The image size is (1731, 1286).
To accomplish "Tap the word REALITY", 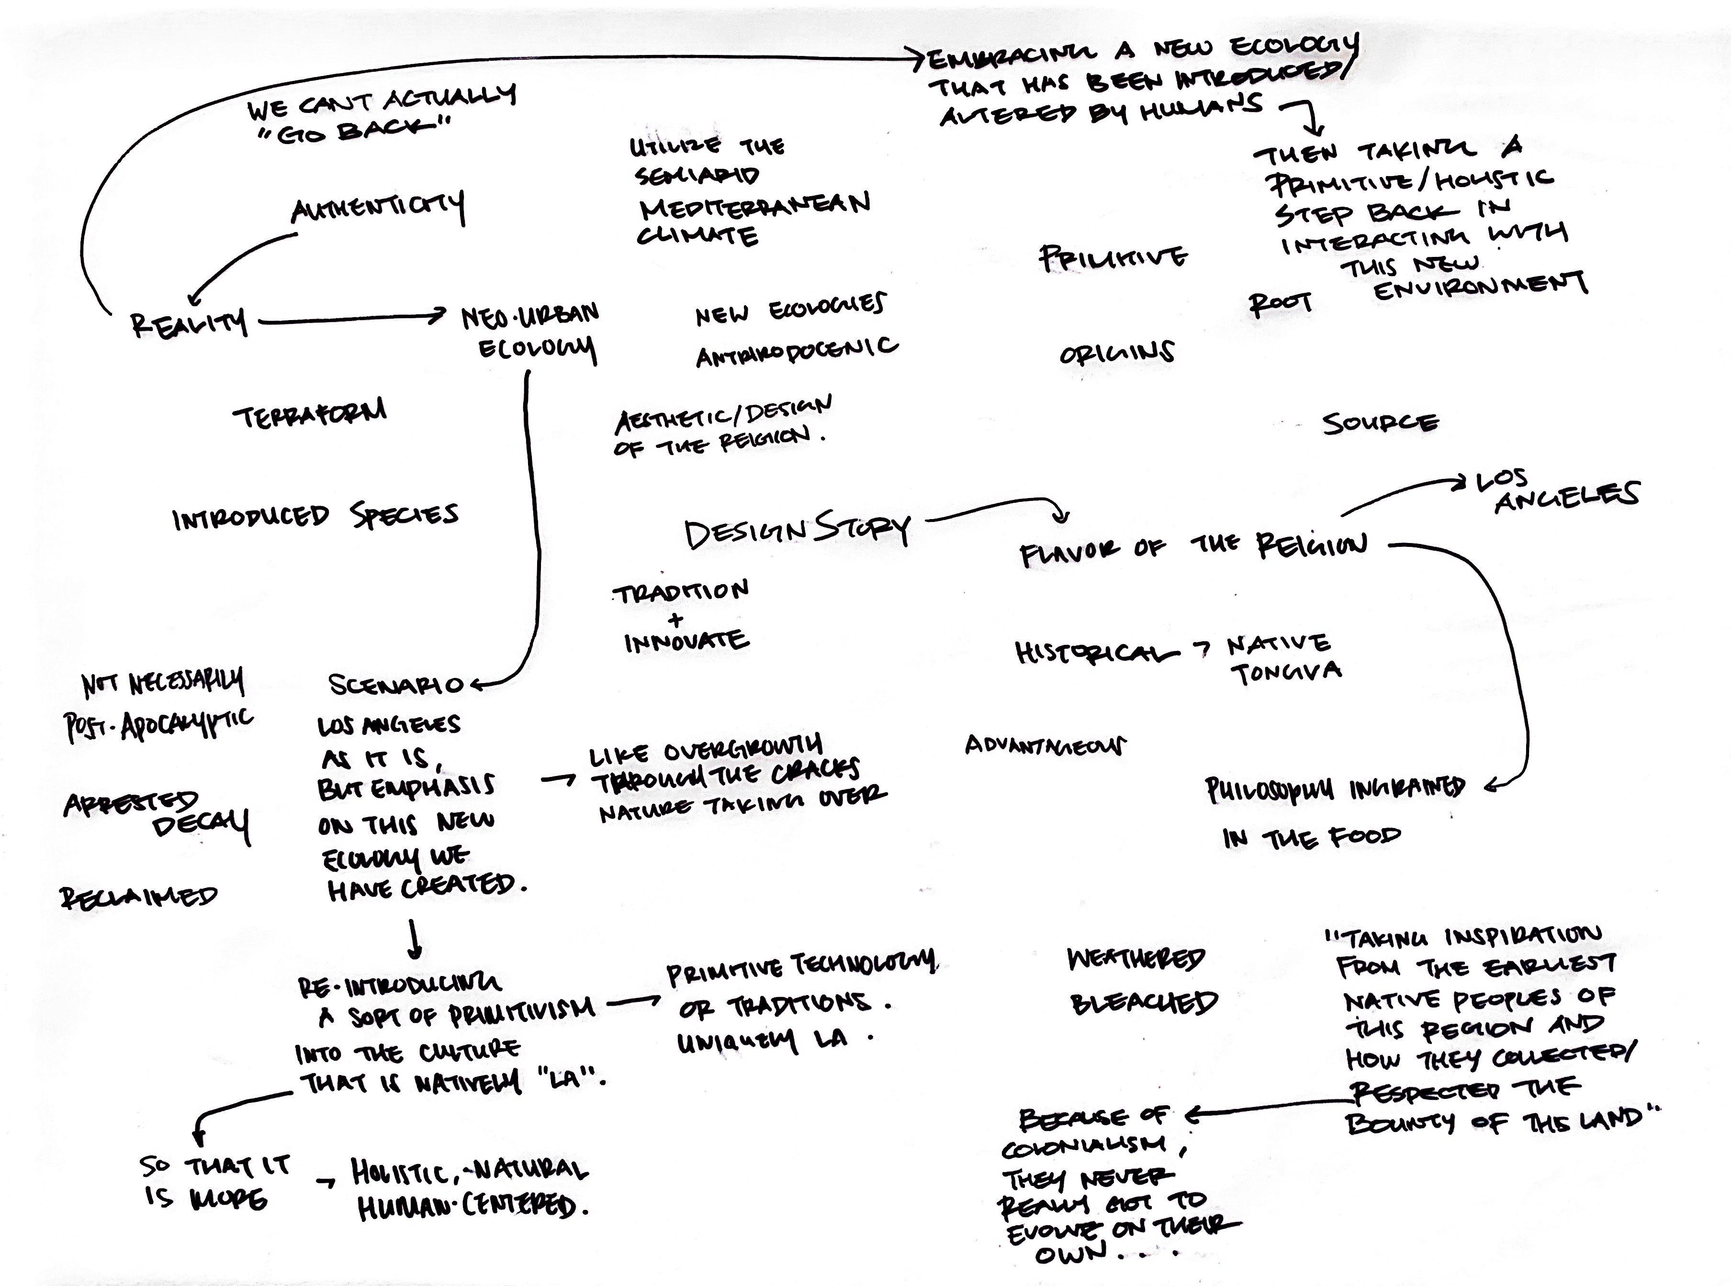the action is pos(189,321).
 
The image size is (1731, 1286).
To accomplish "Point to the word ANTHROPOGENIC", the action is pos(796,351).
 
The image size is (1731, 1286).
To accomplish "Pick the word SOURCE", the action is pos(1380,423).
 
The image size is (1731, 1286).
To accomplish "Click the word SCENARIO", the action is pos(395,684).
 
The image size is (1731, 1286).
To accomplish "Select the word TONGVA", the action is pos(1286,672).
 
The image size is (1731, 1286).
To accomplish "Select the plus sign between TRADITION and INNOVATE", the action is pos(676,620).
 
